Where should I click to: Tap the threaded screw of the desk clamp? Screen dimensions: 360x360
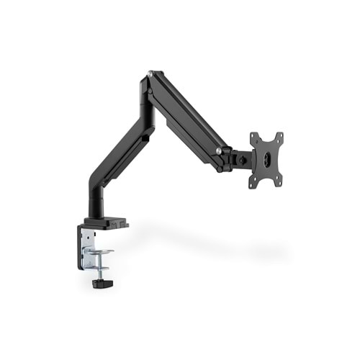[100, 267]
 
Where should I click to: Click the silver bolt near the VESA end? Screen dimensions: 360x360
[219, 151]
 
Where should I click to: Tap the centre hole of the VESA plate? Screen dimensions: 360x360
[266, 160]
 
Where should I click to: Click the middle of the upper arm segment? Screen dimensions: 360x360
[189, 115]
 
